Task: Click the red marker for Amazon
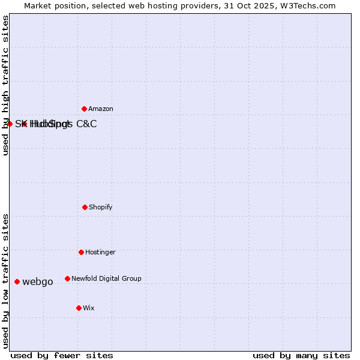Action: click(x=84, y=109)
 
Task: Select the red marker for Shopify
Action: click(x=85, y=207)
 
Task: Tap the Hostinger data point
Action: click(x=81, y=252)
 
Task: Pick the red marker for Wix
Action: click(x=79, y=308)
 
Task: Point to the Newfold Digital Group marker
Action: click(x=67, y=278)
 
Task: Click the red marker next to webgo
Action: click(x=17, y=281)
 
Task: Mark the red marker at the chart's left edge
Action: click(x=10, y=124)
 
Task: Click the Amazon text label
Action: click(x=101, y=109)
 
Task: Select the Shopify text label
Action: click(x=101, y=207)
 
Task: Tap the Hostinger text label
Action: click(x=100, y=252)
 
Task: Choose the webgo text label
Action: click(x=38, y=282)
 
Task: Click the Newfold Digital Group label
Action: click(x=106, y=278)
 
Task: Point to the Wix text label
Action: click(x=89, y=308)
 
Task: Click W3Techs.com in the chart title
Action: click(x=307, y=6)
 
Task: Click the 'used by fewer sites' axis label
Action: click(x=62, y=355)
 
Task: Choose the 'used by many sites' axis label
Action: click(x=301, y=355)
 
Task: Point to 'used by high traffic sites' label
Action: click(x=6, y=85)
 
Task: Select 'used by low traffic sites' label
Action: click(x=6, y=280)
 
